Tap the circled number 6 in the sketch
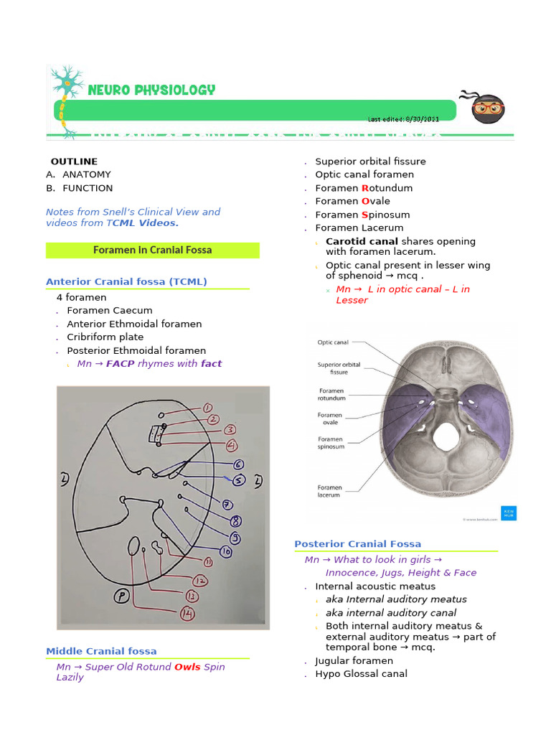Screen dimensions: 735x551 point(238,465)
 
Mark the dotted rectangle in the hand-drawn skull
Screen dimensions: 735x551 point(156,434)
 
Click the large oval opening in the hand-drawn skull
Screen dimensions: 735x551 point(134,548)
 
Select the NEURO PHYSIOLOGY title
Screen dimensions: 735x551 point(151,90)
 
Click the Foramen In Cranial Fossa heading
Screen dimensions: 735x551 point(152,251)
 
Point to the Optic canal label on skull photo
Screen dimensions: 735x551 point(333,342)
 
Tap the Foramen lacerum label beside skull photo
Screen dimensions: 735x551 point(330,492)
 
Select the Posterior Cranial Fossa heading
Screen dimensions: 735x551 point(357,544)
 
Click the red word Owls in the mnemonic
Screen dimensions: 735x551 point(187,667)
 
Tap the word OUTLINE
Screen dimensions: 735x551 point(74,161)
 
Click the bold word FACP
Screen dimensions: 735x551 point(121,364)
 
